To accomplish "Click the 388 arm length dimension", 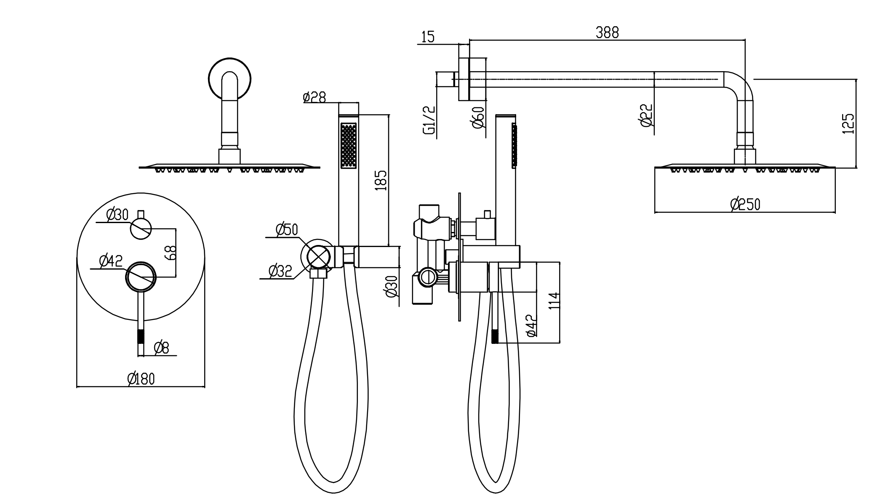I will pyautogui.click(x=607, y=32).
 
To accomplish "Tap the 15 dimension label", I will pyautogui.click(x=428, y=37).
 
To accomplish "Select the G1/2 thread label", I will pyautogui.click(x=428, y=120).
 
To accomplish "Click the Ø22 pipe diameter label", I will pyautogui.click(x=646, y=115).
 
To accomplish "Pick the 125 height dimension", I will pyautogui.click(x=848, y=124).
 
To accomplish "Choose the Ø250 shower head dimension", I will pyautogui.click(x=745, y=205).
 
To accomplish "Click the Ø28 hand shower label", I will pyautogui.click(x=314, y=97).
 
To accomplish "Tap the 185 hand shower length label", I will pyautogui.click(x=381, y=181).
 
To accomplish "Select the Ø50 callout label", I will pyautogui.click(x=287, y=229).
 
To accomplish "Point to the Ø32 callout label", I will pyautogui.click(x=280, y=271).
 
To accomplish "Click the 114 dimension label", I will pyautogui.click(x=555, y=301).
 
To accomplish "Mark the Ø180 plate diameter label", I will pyautogui.click(x=141, y=379).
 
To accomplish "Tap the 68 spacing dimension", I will pyautogui.click(x=171, y=253).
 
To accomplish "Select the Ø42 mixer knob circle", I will pyautogui.click(x=141, y=277).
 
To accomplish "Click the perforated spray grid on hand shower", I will pyautogui.click(x=348, y=145).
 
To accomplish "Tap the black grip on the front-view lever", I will pyautogui.click(x=141, y=337).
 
